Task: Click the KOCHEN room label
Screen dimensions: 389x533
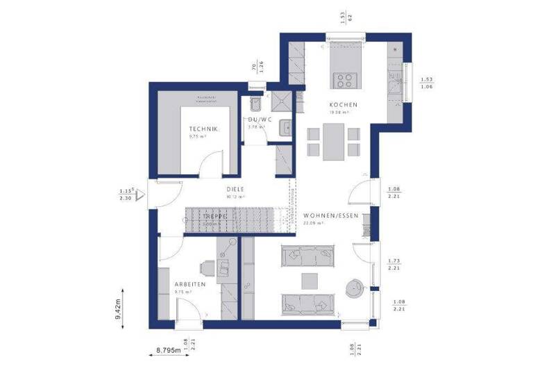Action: (339, 104)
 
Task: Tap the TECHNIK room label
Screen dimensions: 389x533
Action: (204, 130)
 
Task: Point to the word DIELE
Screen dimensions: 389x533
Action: (236, 189)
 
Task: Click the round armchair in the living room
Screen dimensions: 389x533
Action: (356, 286)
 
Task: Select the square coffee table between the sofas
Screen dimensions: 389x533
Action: (310, 280)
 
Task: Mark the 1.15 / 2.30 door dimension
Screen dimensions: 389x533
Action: (126, 194)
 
